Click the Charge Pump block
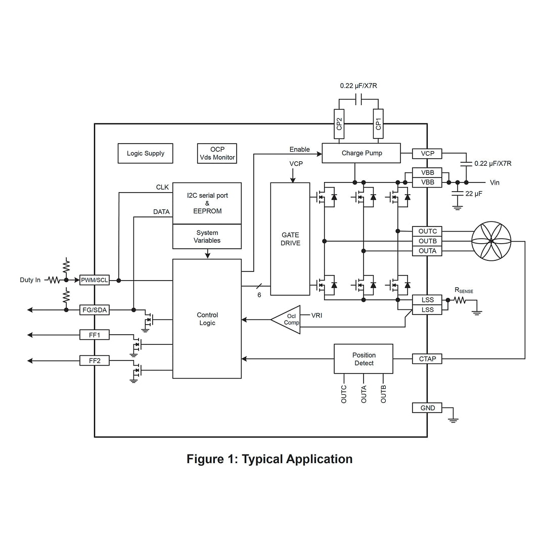click(361, 153)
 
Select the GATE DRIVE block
click(290, 239)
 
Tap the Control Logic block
click(207, 319)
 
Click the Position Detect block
click(363, 359)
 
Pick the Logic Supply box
click(145, 154)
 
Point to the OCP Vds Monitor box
click(217, 153)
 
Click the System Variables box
click(207, 237)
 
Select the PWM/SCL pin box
click(95, 280)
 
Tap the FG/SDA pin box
click(95, 310)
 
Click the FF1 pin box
click(95, 335)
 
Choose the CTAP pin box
click(427, 359)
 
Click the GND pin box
click(427, 408)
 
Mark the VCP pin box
click(427, 153)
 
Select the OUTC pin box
click(427, 232)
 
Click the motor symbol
click(491, 242)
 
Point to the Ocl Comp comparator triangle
click(287, 320)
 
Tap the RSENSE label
click(464, 291)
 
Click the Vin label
click(494, 183)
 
